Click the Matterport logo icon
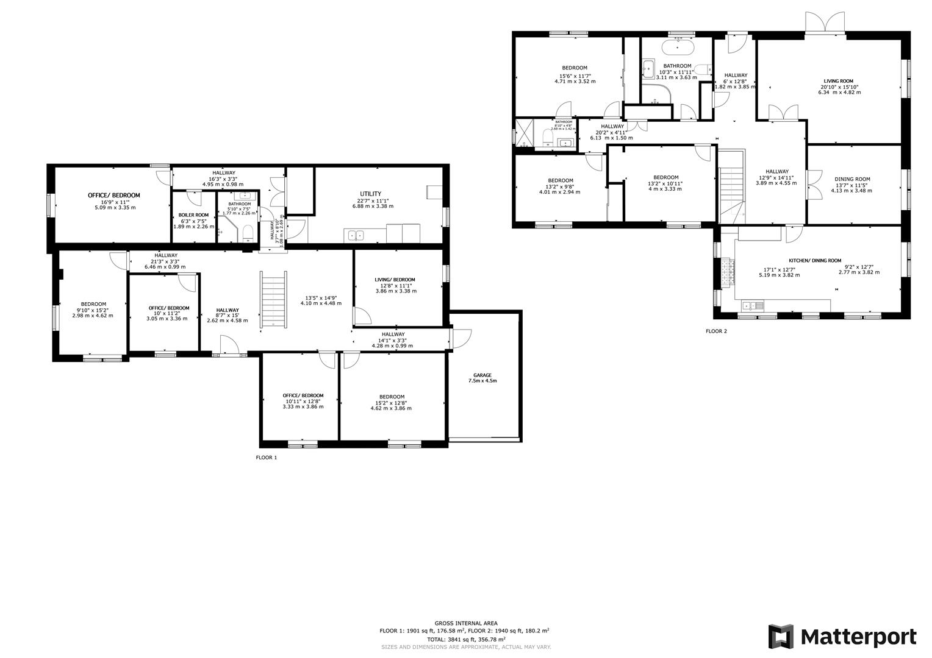781,637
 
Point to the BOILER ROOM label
193,215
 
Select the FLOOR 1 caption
266,457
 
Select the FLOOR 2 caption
716,331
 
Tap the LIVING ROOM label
838,81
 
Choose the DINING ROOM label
852,179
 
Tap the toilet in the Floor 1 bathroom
248,232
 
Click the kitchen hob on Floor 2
727,272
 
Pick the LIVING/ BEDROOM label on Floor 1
395,280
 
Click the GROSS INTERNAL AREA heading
465,623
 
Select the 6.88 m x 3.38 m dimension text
373,207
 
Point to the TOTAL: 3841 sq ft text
465,640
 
